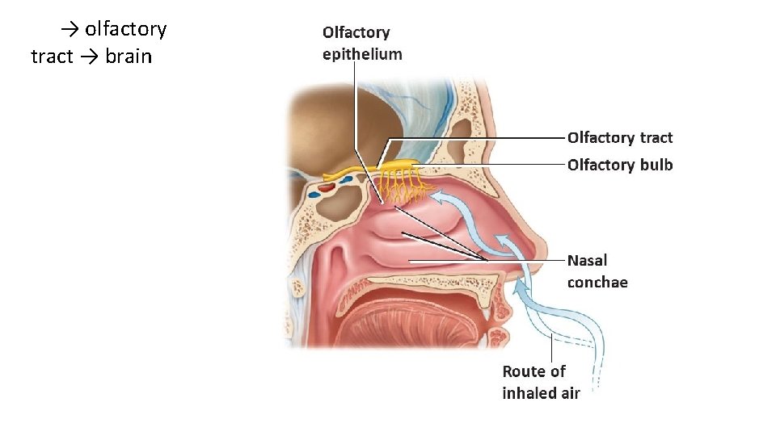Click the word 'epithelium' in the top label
(361, 55)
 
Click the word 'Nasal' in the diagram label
(587, 260)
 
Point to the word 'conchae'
(597, 282)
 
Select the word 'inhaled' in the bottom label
(531, 393)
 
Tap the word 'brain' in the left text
(129, 57)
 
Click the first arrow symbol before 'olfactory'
(70, 30)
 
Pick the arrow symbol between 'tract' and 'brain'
(89, 57)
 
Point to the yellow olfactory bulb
(398, 166)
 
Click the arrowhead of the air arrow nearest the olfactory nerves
(436, 195)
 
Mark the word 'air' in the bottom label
(570, 393)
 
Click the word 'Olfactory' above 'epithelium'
(356, 33)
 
